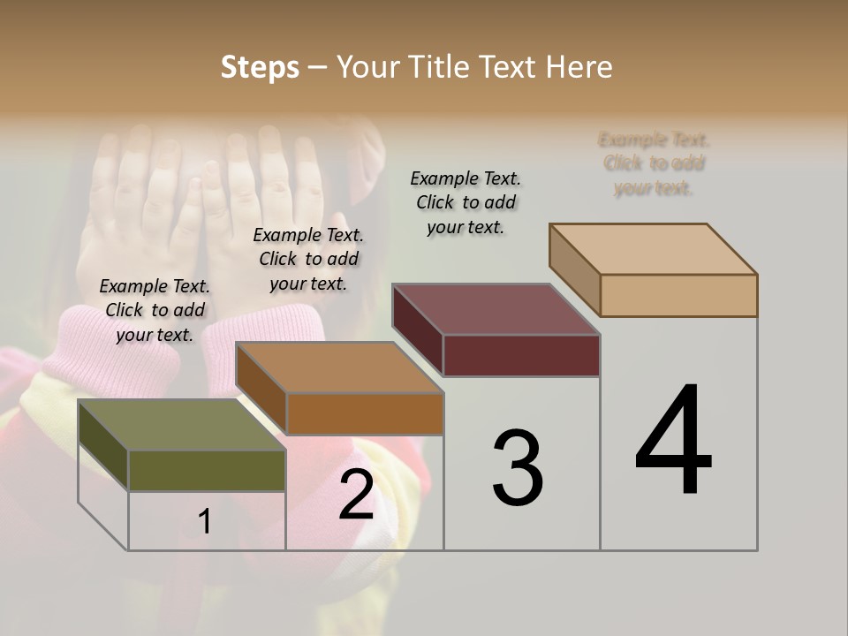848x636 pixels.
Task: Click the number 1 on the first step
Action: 205,521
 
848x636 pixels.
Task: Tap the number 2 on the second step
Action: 356,494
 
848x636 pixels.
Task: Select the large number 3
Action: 517,468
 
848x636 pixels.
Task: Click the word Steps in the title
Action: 260,67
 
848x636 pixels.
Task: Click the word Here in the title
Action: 579,67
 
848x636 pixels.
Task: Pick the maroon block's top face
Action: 496,310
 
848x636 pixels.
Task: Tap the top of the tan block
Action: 654,249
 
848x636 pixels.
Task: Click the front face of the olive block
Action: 207,470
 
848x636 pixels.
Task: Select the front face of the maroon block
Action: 521,355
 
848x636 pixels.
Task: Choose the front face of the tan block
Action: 678,295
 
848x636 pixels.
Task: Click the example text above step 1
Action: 155,310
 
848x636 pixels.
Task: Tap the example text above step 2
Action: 308,259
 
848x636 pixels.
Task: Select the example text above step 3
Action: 466,202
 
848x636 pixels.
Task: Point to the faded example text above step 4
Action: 654,163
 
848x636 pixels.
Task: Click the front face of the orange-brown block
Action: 364,413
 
